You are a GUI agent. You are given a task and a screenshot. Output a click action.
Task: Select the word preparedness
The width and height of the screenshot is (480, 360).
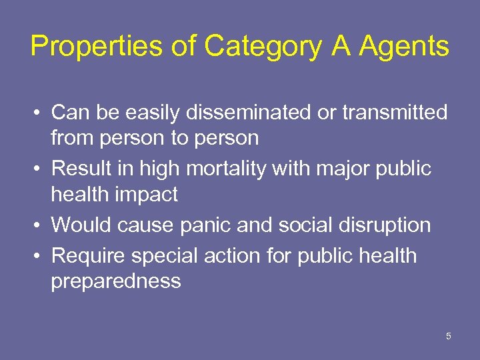[x=116, y=281]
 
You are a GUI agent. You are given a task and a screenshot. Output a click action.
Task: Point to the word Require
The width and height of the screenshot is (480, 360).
[x=90, y=255]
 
